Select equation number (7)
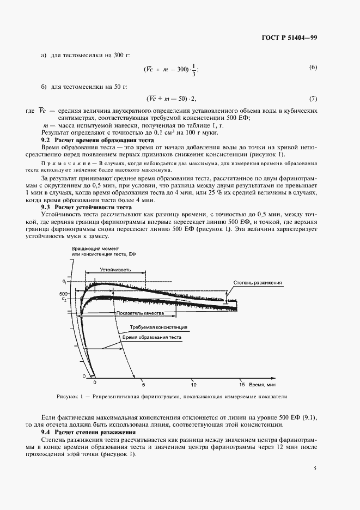313,99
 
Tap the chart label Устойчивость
115,269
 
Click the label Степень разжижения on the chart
257,283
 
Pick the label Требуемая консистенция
158,327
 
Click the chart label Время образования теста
151,337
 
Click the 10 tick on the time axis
192,383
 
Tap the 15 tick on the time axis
241,383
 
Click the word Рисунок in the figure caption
68,396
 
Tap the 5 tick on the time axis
143,383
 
